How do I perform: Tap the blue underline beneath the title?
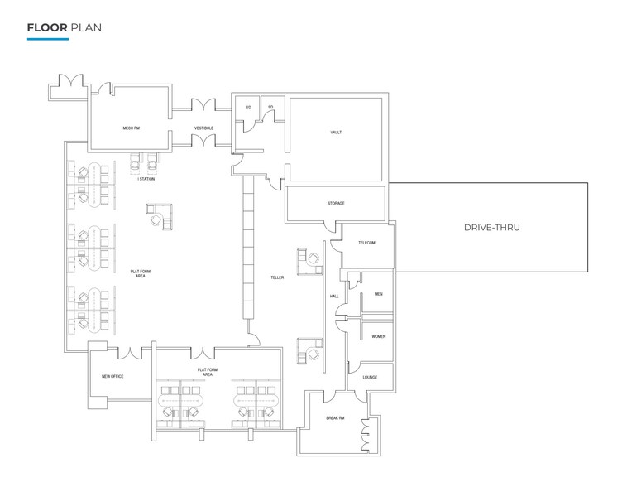point(47,39)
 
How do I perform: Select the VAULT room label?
point(335,132)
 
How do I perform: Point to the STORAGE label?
point(335,203)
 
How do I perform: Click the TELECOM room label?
point(366,243)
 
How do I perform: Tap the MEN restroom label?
point(377,294)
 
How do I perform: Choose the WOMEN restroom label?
point(378,336)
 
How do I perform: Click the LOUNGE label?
point(370,377)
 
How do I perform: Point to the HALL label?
point(335,296)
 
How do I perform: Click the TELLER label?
point(276,277)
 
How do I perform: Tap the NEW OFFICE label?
point(112,377)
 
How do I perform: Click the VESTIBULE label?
point(203,128)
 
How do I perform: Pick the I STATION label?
point(146,180)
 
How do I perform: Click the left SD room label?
point(247,108)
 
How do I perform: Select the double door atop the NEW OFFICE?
point(131,353)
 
